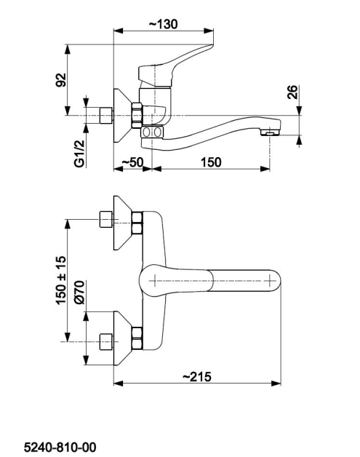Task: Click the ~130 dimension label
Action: click(163, 24)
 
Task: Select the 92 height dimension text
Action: click(61, 80)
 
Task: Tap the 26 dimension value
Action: click(292, 92)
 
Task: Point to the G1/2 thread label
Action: click(79, 154)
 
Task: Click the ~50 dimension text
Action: click(132, 162)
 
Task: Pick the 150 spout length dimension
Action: click(211, 162)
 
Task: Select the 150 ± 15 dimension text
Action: click(61, 280)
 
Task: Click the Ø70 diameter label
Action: click(79, 293)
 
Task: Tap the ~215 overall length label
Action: click(197, 376)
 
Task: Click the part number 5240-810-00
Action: click(60, 447)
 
